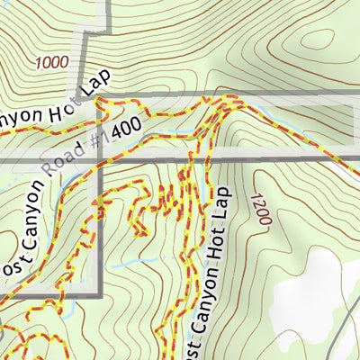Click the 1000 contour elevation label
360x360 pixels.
point(53,63)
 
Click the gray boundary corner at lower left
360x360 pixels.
point(99,294)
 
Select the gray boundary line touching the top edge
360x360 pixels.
point(109,11)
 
